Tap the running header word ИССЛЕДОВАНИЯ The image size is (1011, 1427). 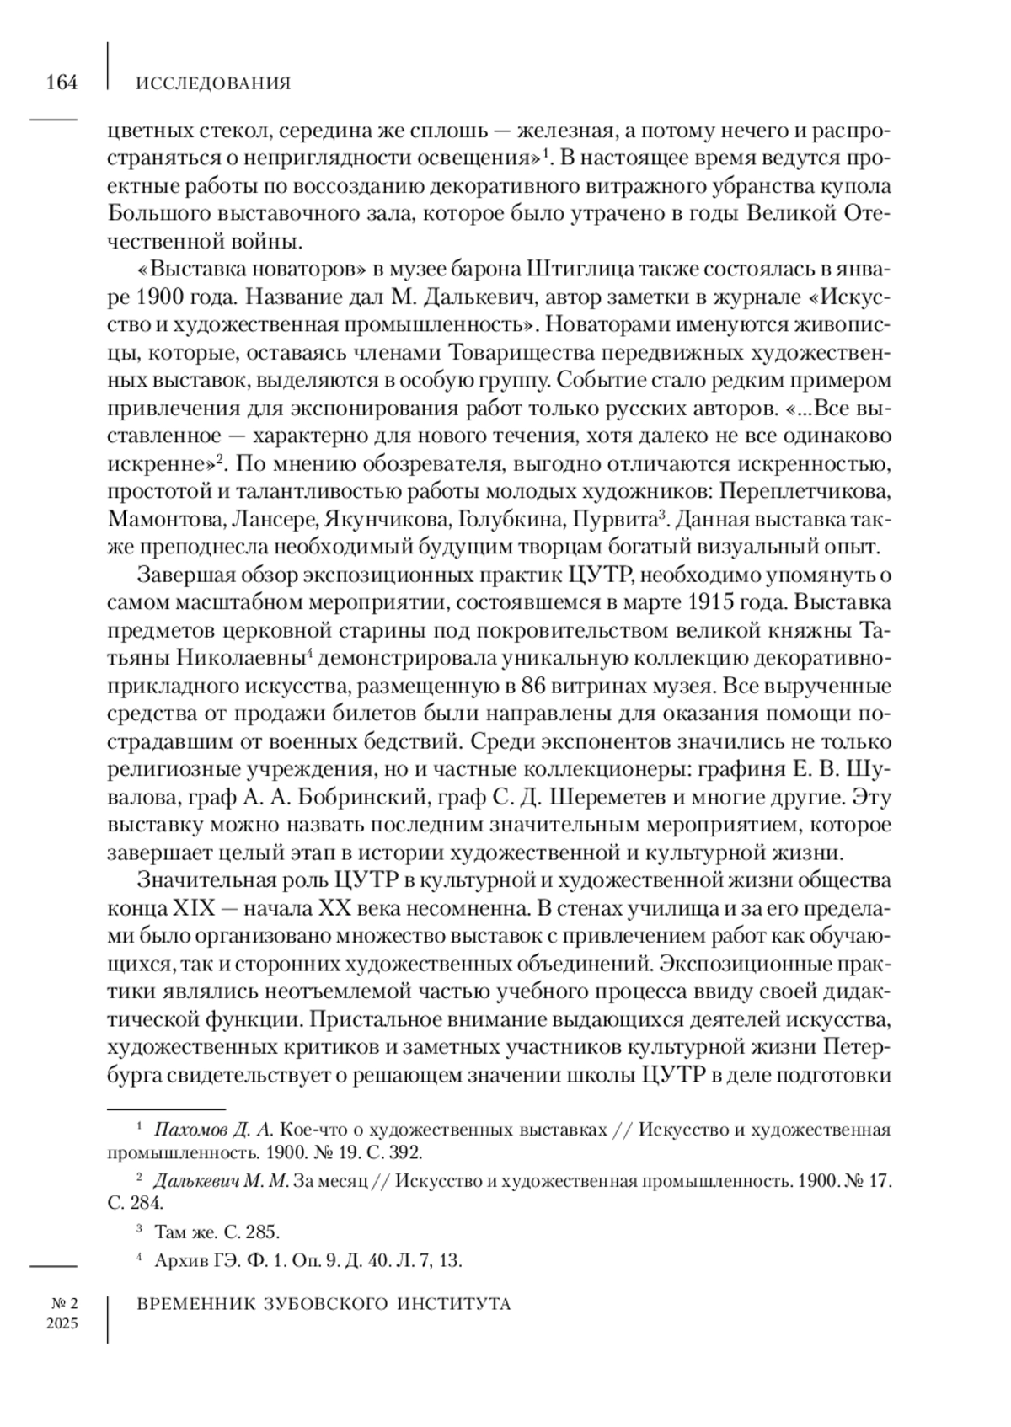213,83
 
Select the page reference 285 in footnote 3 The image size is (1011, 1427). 262,1232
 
